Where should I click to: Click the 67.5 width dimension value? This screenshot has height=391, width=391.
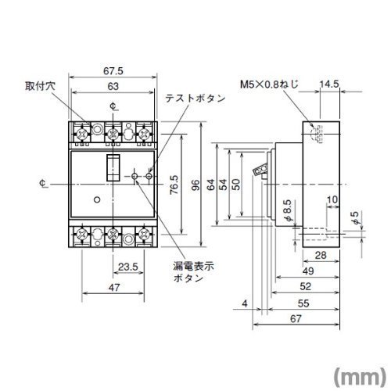click(113, 71)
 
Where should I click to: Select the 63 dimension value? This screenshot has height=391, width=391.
click(113, 86)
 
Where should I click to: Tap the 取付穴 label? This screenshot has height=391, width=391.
click(41, 86)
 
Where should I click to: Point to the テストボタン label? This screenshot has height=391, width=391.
click(195, 99)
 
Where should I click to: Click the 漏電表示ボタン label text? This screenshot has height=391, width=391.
click(193, 272)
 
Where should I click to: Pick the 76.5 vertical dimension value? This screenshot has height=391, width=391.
click(174, 185)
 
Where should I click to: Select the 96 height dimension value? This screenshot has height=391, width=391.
click(195, 185)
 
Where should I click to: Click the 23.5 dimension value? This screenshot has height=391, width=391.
click(128, 267)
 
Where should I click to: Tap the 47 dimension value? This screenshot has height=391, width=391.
click(114, 287)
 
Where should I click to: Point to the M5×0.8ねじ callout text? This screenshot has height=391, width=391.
click(269, 84)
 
